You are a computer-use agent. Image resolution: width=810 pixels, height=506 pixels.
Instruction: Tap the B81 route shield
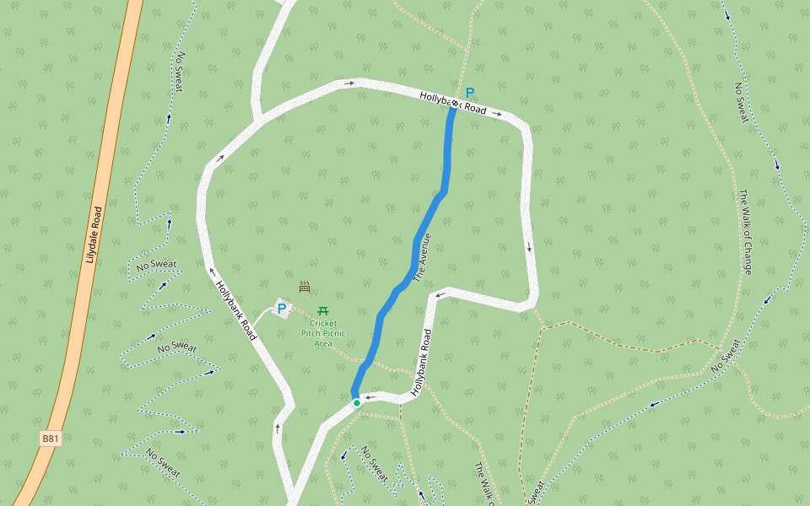[x=51, y=439]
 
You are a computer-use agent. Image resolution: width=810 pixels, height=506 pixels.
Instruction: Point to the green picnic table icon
[x=323, y=311]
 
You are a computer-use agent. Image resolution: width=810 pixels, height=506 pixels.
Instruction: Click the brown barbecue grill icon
[x=305, y=287]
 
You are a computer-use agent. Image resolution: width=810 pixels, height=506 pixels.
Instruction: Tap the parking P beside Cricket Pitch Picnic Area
[x=281, y=310]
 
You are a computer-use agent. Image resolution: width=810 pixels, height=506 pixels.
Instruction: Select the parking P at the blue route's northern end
[x=470, y=93]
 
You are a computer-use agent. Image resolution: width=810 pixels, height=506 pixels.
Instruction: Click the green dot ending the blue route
[x=357, y=403]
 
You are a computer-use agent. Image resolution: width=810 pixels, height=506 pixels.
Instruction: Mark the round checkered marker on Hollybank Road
[x=455, y=103]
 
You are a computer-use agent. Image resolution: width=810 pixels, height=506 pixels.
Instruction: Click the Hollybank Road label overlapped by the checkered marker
[x=453, y=104]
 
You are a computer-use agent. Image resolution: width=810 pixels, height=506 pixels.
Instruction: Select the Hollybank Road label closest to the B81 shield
[x=236, y=310]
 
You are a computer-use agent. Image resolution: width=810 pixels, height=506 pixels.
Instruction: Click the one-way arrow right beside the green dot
[x=369, y=397]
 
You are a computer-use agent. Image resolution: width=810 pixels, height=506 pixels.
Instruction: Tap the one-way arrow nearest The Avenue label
[x=439, y=296]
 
